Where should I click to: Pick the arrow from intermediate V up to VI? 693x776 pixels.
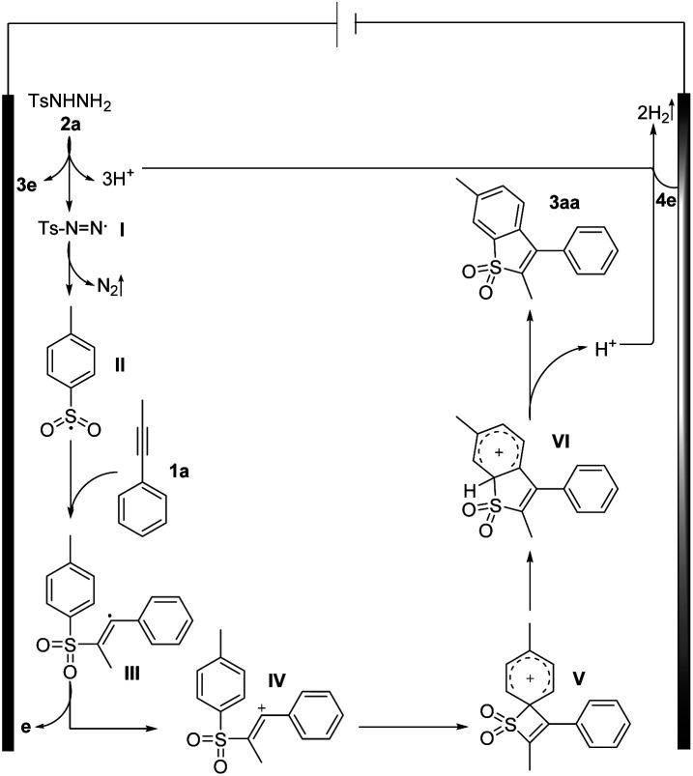pyautogui.click(x=532, y=575)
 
